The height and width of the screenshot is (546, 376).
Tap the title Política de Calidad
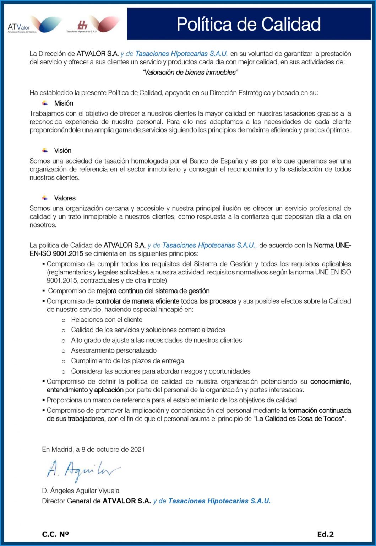tap(249, 24)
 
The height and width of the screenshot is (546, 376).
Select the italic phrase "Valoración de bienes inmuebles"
tap(190, 73)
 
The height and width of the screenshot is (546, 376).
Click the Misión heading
tap(64, 103)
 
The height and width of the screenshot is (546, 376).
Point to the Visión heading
tap(62, 151)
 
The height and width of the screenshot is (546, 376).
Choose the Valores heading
tap(65, 198)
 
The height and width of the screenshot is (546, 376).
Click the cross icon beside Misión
tap(45, 103)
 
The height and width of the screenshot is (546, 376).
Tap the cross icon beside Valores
tap(45, 198)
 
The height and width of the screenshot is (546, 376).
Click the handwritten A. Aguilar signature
tap(83, 471)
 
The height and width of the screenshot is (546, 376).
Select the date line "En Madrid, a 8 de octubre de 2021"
tap(93, 450)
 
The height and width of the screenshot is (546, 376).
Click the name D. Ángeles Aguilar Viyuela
tap(81, 491)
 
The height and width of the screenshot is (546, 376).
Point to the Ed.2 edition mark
tap(325, 534)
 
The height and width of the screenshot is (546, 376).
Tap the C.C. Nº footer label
tap(55, 534)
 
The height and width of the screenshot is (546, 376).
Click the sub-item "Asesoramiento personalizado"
tap(114, 351)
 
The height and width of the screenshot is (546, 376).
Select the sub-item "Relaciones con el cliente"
tap(107, 320)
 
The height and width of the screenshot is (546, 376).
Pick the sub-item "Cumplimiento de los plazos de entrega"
tap(127, 361)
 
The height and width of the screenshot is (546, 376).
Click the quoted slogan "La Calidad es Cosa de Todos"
tap(300, 419)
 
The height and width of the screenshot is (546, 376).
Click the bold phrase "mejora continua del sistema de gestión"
tap(153, 291)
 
